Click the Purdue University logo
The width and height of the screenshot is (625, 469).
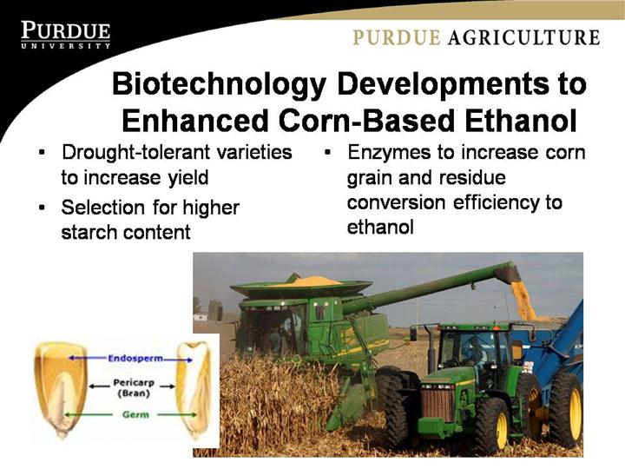click(x=66, y=35)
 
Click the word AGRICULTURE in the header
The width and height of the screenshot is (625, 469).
click(x=523, y=37)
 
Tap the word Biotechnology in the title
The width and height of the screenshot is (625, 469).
click(x=219, y=84)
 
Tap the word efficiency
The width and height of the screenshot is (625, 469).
click(x=493, y=202)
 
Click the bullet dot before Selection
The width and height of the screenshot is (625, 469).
click(x=42, y=208)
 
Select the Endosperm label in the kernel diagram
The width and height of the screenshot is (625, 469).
click(x=135, y=358)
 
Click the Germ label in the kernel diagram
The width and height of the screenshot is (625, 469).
click(x=135, y=415)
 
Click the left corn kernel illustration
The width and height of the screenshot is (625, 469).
click(x=61, y=389)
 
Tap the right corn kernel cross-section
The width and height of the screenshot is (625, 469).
click(x=194, y=390)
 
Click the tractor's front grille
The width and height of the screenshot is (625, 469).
click(x=437, y=404)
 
